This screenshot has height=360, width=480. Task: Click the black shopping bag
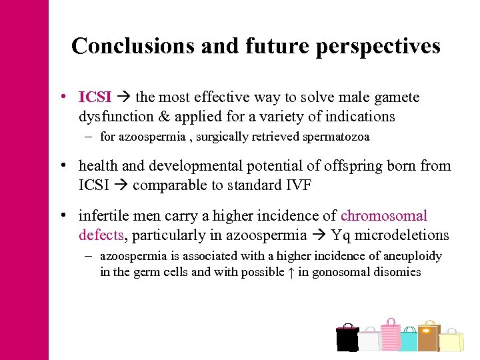point(347,339)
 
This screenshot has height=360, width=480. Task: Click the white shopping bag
point(369,341)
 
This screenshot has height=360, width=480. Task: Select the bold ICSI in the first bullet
point(95,97)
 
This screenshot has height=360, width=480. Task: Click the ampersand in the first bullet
point(163,116)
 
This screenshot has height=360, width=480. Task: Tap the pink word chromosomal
point(384,216)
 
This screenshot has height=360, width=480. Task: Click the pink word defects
point(99,235)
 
